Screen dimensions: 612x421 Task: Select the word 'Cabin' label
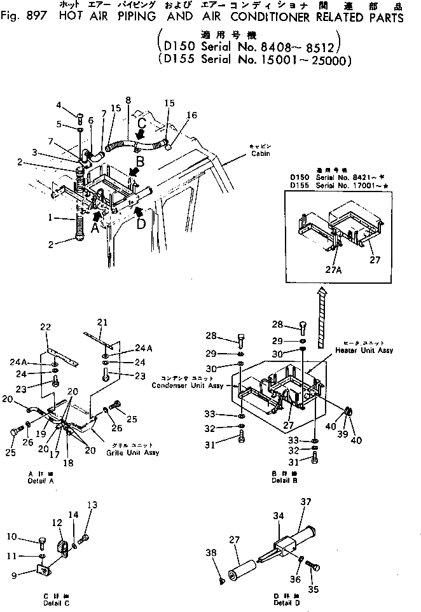pyautogui.click(x=258, y=153)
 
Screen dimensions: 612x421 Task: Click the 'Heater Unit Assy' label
pyautogui.click(x=365, y=351)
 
